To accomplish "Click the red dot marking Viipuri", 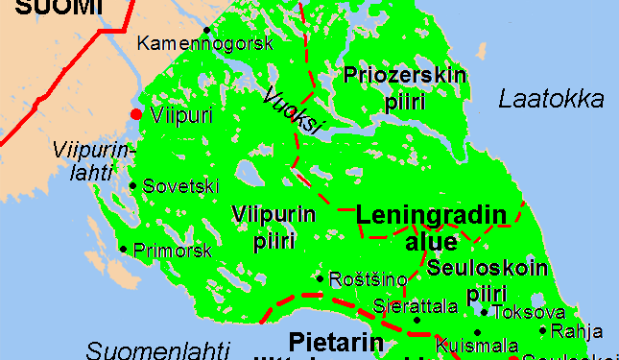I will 136,115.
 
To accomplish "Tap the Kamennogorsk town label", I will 205,43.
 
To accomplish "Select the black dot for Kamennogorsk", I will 206,29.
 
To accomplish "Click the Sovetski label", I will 181,186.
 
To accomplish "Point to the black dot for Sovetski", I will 132,185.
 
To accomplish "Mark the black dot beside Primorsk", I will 123,250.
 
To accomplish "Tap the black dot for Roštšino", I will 320,278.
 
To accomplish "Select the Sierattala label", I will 414,306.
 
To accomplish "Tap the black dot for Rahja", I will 543,331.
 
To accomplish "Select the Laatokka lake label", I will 552,100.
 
